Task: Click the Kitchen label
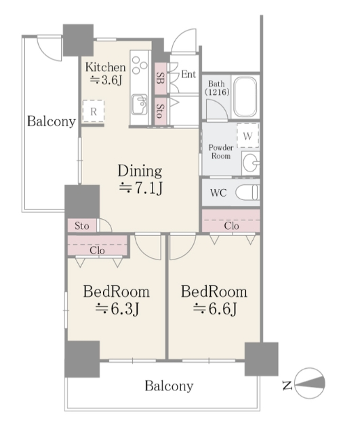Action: click(106, 67)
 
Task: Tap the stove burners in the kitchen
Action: click(140, 65)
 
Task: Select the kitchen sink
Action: click(140, 104)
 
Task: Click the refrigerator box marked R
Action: click(94, 111)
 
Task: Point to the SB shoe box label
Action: click(161, 79)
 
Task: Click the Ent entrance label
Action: click(188, 74)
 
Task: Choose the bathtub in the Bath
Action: click(245, 97)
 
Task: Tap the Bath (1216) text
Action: click(217, 88)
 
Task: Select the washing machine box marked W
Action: click(247, 136)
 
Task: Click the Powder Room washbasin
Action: click(251, 163)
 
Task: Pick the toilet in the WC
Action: click(247, 193)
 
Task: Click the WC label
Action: click(218, 193)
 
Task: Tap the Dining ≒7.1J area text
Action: click(140, 179)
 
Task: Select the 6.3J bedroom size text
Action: click(117, 308)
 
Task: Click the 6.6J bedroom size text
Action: click(215, 308)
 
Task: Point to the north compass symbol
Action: click(309, 384)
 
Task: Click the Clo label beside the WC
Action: click(231, 226)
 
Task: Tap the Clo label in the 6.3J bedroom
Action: click(98, 250)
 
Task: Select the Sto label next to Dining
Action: click(81, 226)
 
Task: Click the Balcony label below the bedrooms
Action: click(169, 386)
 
